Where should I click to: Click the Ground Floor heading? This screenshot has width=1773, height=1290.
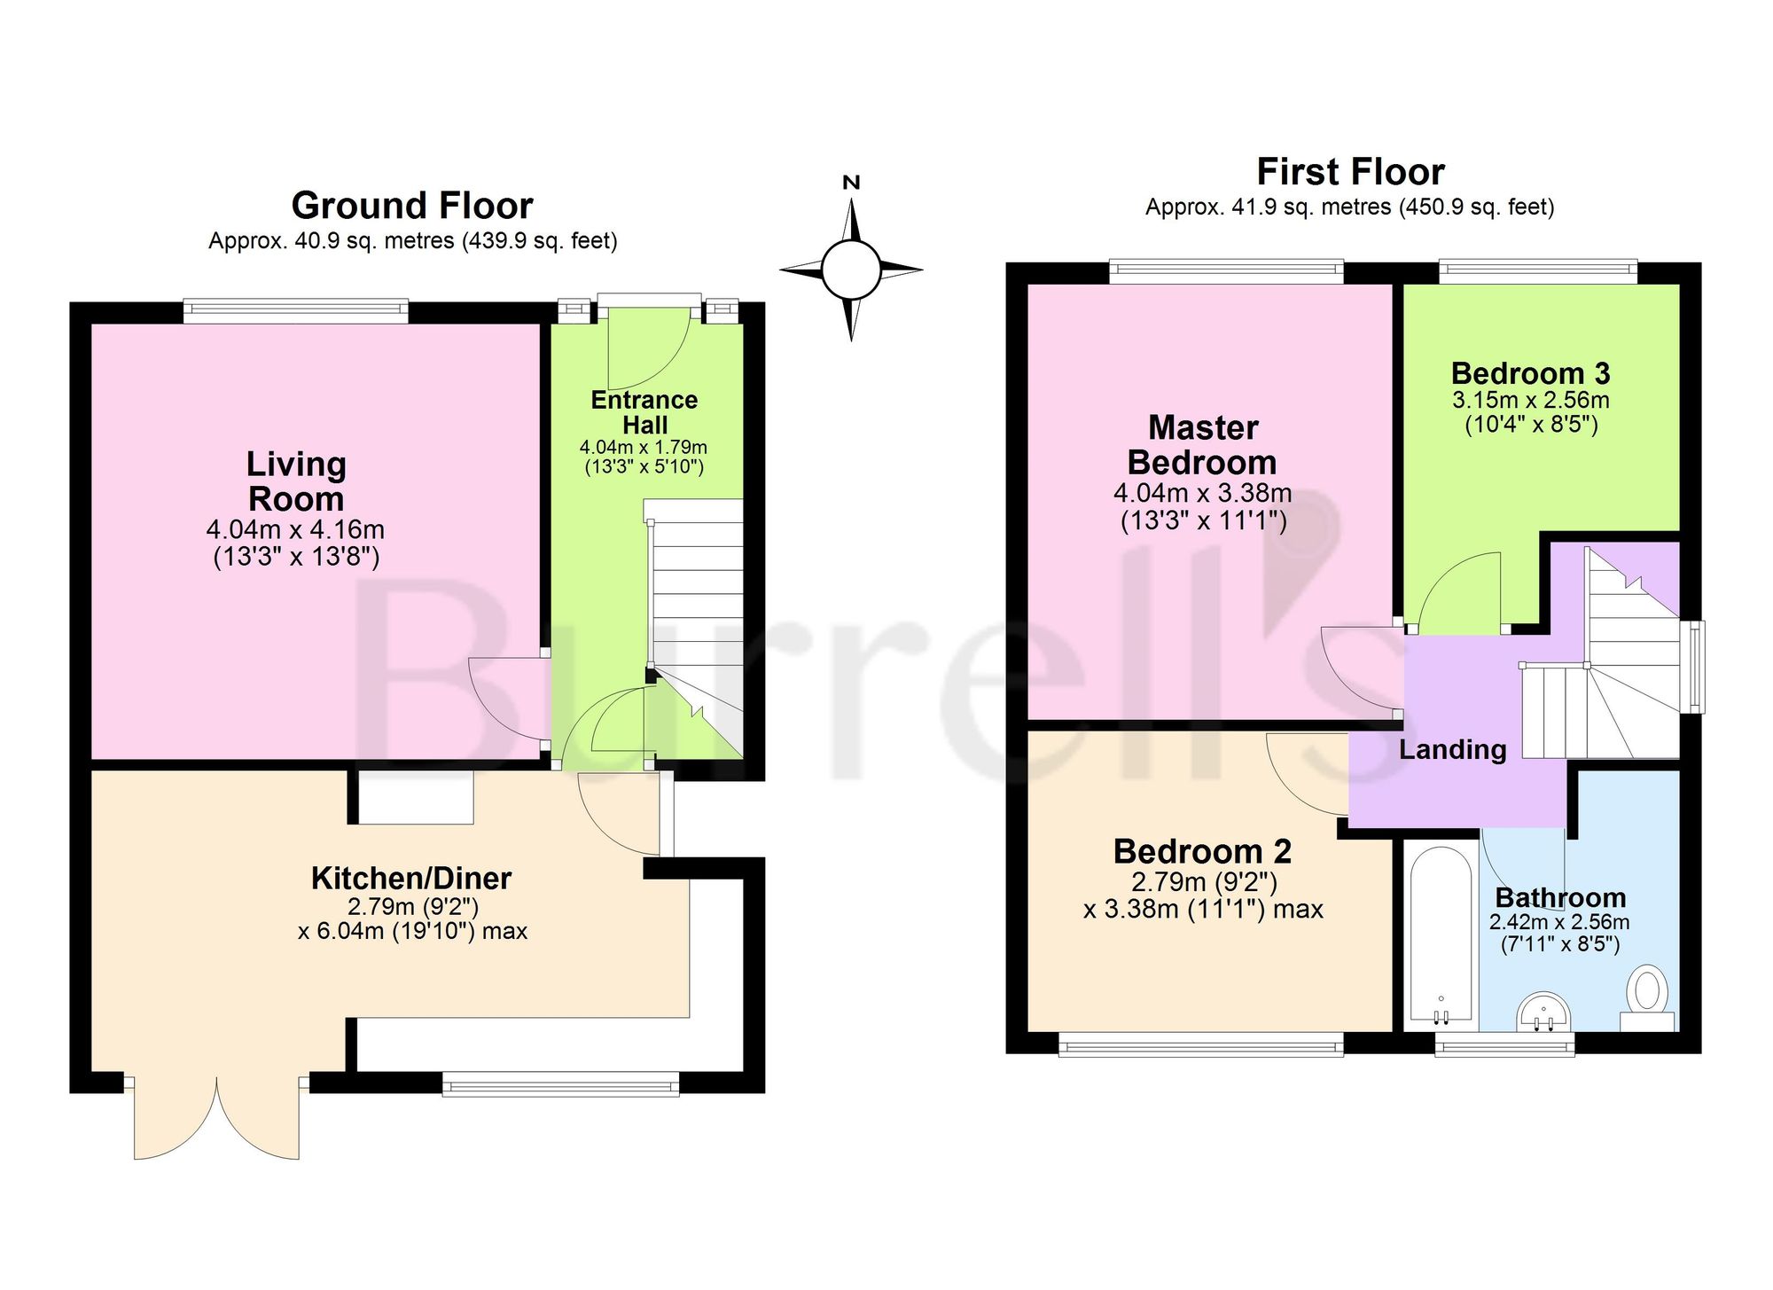412,207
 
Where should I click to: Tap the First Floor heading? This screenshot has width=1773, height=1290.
1350,172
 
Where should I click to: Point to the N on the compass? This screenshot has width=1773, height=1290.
851,183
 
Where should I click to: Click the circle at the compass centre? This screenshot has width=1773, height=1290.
851,270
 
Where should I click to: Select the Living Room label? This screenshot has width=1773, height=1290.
296,481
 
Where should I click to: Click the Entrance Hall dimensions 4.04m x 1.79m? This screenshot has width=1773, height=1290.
644,448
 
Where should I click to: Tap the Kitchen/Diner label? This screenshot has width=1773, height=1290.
411,879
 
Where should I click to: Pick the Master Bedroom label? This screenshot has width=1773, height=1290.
1203,445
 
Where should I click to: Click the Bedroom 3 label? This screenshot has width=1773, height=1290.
1531,373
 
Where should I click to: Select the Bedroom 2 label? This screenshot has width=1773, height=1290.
1202,851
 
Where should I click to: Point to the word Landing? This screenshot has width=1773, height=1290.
1453,750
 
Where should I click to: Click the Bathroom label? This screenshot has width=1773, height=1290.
1560,898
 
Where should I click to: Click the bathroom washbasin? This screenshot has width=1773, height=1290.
1544,1012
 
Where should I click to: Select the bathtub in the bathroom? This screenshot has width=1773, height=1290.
1441,936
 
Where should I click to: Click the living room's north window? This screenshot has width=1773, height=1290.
296,310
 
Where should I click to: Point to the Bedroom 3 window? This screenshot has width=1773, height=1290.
1538,271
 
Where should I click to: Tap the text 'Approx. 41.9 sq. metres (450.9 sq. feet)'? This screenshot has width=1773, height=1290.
1350,207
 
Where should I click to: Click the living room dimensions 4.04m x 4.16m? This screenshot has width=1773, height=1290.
295,530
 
